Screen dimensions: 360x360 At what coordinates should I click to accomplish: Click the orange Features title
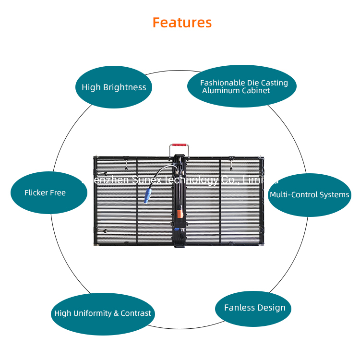(x=182, y=23)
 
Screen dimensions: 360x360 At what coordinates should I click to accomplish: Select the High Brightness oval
(x=114, y=87)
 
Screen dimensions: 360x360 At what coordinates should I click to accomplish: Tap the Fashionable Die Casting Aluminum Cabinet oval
(x=241, y=86)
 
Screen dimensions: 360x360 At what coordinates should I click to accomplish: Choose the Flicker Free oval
(x=48, y=192)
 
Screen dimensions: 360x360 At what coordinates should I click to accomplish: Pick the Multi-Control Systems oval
(x=309, y=195)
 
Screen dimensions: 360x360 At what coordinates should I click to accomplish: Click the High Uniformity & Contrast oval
(x=103, y=313)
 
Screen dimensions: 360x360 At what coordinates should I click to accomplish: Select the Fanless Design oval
(x=254, y=308)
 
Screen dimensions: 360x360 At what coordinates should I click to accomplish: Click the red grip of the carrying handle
(x=179, y=144)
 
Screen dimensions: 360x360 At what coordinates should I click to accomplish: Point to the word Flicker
(x=36, y=193)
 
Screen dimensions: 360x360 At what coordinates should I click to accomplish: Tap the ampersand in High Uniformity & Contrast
(x=116, y=313)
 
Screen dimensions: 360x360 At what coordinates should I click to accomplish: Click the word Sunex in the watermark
(x=149, y=180)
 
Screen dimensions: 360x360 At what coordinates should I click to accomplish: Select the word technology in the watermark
(x=192, y=180)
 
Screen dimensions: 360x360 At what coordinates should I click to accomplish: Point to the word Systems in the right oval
(x=334, y=195)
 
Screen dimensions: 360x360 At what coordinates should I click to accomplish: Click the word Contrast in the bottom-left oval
(x=136, y=313)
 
